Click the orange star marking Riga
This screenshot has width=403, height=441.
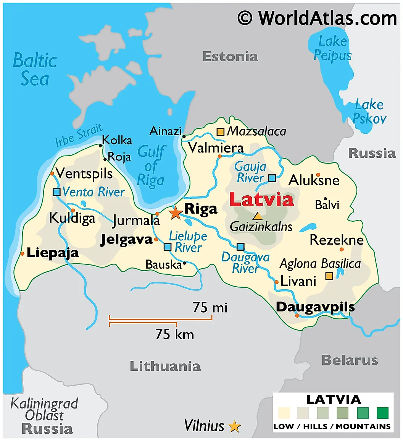(x=176, y=213)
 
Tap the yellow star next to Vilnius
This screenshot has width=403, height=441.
(x=234, y=426)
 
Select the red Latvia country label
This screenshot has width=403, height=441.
(x=261, y=200)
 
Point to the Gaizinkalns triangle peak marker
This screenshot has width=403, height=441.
(x=258, y=216)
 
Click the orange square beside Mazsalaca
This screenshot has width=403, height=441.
(x=221, y=132)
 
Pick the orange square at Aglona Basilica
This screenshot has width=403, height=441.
(x=329, y=276)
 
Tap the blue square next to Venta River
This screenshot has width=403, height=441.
(x=56, y=192)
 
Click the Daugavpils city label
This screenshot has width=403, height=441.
(x=315, y=307)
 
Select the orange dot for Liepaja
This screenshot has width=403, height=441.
(x=23, y=254)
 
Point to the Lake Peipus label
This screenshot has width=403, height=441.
(x=332, y=48)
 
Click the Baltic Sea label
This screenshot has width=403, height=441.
(x=35, y=70)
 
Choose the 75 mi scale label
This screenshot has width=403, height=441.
(x=210, y=307)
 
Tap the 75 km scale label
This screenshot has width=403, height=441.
(x=174, y=334)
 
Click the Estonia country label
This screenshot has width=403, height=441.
(x=230, y=57)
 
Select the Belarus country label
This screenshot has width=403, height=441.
(x=350, y=360)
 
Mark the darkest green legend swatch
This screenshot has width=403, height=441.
(x=382, y=413)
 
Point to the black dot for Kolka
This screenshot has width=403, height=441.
(x=100, y=146)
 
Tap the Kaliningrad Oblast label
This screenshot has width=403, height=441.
(x=44, y=409)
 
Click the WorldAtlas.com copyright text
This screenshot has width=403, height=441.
(x=317, y=18)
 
